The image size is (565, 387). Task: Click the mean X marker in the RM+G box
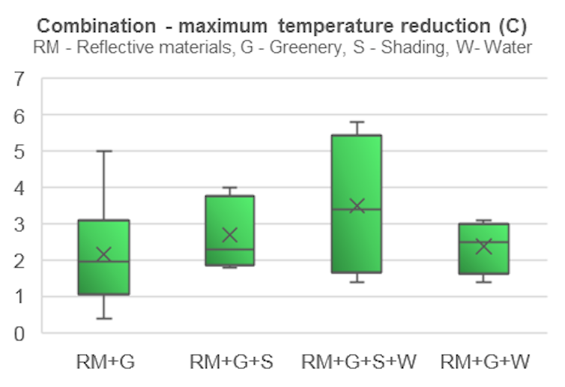click(x=104, y=255)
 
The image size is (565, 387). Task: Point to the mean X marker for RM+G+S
click(x=229, y=235)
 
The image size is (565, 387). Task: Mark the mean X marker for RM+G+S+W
click(x=357, y=205)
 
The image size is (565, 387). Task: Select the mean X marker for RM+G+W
click(x=483, y=246)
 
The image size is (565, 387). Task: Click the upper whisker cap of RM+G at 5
click(x=104, y=151)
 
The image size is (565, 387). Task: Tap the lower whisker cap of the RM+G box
click(x=104, y=318)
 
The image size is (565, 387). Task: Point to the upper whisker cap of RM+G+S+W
click(x=357, y=121)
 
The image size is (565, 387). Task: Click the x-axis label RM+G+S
click(x=231, y=361)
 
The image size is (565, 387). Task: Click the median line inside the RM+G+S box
click(x=229, y=249)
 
